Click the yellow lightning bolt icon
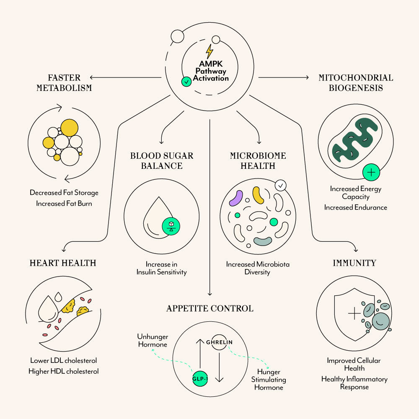(209, 52)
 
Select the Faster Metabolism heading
(64, 83)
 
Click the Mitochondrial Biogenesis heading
(356, 83)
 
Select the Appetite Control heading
(210, 309)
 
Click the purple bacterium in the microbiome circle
(235, 198)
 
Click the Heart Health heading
(63, 263)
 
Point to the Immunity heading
(354, 263)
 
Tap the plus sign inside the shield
(354, 313)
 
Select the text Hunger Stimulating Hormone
(269, 380)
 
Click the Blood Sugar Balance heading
(162, 161)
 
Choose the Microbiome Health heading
(258, 161)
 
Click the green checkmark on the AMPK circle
(186, 82)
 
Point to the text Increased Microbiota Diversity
(258, 268)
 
